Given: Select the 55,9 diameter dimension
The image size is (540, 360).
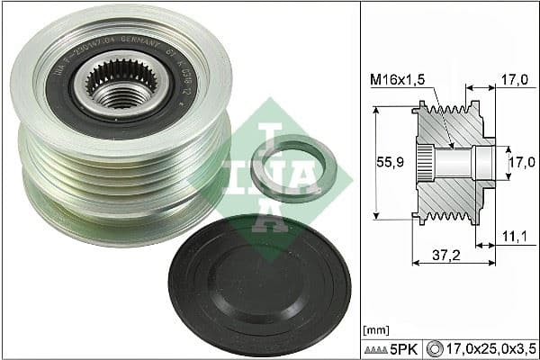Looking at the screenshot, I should (388, 162).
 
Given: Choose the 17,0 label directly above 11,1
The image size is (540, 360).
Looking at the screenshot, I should (516, 163).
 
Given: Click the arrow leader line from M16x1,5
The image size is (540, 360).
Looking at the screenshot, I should (440, 112).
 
